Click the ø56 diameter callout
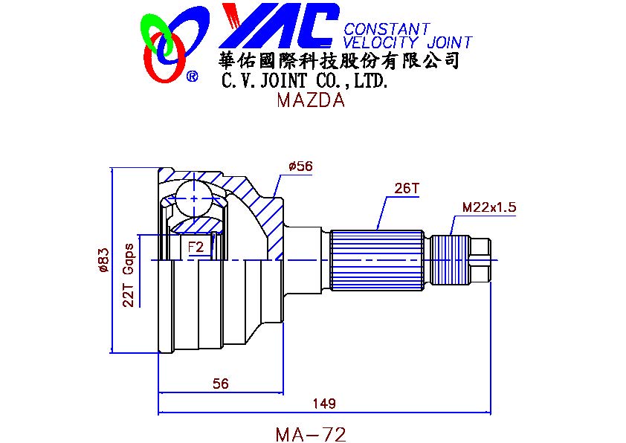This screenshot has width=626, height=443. (x=301, y=166)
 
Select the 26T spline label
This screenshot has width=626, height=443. (x=407, y=188)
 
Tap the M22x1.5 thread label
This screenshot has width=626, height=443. (x=489, y=207)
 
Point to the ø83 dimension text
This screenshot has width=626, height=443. (x=103, y=260)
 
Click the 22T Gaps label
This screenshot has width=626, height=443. (x=129, y=275)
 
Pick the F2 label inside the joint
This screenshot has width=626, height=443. (x=196, y=247)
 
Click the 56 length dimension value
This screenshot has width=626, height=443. (x=220, y=384)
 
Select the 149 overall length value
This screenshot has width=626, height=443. (x=323, y=404)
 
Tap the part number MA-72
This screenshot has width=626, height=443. (x=311, y=434)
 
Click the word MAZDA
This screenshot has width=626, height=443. (x=311, y=100)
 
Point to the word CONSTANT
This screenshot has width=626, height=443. (x=387, y=29)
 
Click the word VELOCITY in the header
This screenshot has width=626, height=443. (x=381, y=42)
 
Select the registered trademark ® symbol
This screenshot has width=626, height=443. (x=193, y=77)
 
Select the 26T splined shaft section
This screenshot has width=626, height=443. (x=377, y=260)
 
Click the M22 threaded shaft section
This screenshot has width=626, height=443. (x=450, y=260)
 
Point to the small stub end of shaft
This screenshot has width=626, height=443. (x=480, y=260)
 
